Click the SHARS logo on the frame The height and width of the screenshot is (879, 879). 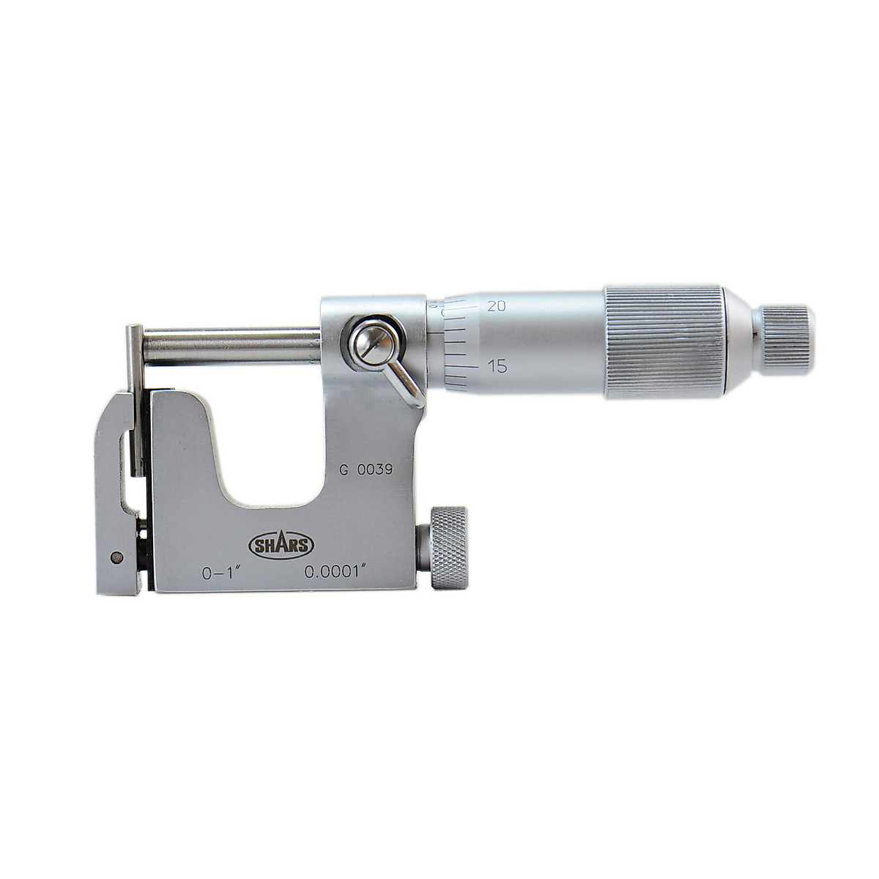coord(282,544)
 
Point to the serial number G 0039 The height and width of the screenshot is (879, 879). coord(367,471)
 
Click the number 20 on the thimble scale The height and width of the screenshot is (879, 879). coord(497,306)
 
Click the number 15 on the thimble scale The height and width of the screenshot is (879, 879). coord(497,366)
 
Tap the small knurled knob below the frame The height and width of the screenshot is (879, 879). coord(448,547)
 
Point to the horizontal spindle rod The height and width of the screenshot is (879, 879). coord(231,346)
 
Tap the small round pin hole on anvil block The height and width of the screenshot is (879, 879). coord(115,557)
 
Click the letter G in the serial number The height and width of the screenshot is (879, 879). coord(343,471)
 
